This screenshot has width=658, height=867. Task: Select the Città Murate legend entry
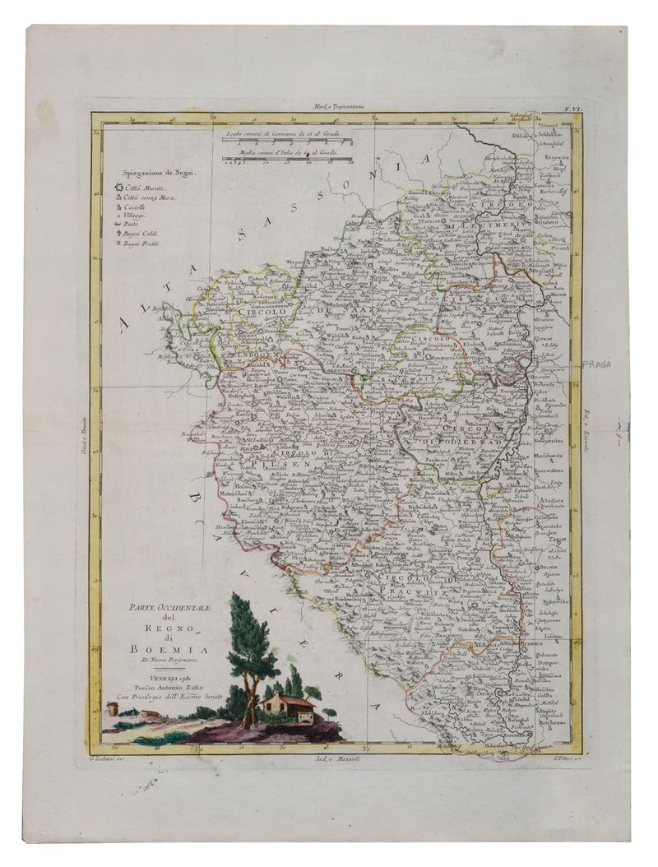(146, 189)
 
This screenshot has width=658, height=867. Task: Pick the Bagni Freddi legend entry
(146, 243)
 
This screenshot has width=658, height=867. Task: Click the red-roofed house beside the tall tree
(290, 705)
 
